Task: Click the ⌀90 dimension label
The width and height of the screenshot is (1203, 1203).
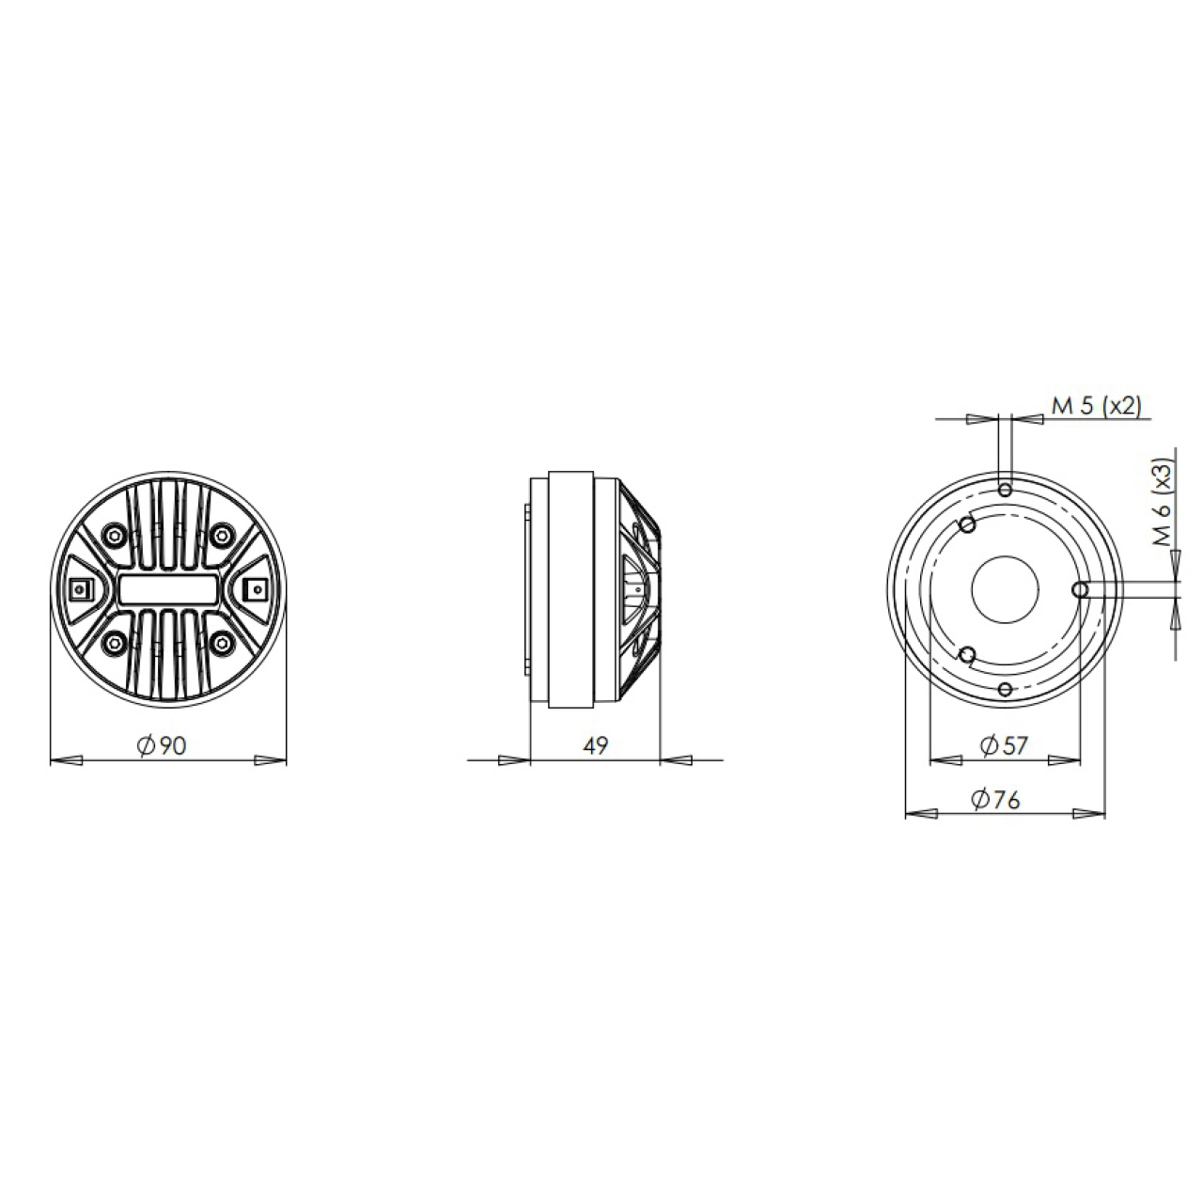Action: tap(163, 745)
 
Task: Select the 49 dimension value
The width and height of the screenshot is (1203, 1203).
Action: tap(596, 745)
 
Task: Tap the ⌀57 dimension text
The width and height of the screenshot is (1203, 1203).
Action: tap(1004, 745)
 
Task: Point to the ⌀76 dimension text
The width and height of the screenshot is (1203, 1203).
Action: tap(995, 800)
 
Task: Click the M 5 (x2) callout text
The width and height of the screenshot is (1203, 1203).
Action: tap(1096, 406)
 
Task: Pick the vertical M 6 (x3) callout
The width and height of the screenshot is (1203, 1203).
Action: tap(1163, 502)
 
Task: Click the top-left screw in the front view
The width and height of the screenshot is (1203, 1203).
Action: tap(115, 535)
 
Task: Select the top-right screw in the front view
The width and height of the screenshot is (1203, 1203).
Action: tap(221, 535)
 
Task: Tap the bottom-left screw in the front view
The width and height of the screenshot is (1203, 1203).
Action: tap(115, 642)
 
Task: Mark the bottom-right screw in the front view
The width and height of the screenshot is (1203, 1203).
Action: tap(221, 642)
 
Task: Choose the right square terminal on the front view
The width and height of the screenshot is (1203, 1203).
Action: tap(254, 589)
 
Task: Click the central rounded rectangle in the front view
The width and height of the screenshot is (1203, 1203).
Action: tap(168, 589)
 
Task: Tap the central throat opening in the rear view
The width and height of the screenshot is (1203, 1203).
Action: tap(1005, 589)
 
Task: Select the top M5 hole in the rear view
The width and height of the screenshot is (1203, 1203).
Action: tap(1006, 490)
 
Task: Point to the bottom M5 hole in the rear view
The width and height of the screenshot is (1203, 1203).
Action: tap(1006, 690)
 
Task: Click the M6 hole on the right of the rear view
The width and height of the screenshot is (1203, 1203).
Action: tap(1080, 589)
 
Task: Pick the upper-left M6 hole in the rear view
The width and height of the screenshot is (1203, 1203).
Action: tap(967, 524)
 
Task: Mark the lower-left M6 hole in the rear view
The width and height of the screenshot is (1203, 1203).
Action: tap(967, 654)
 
